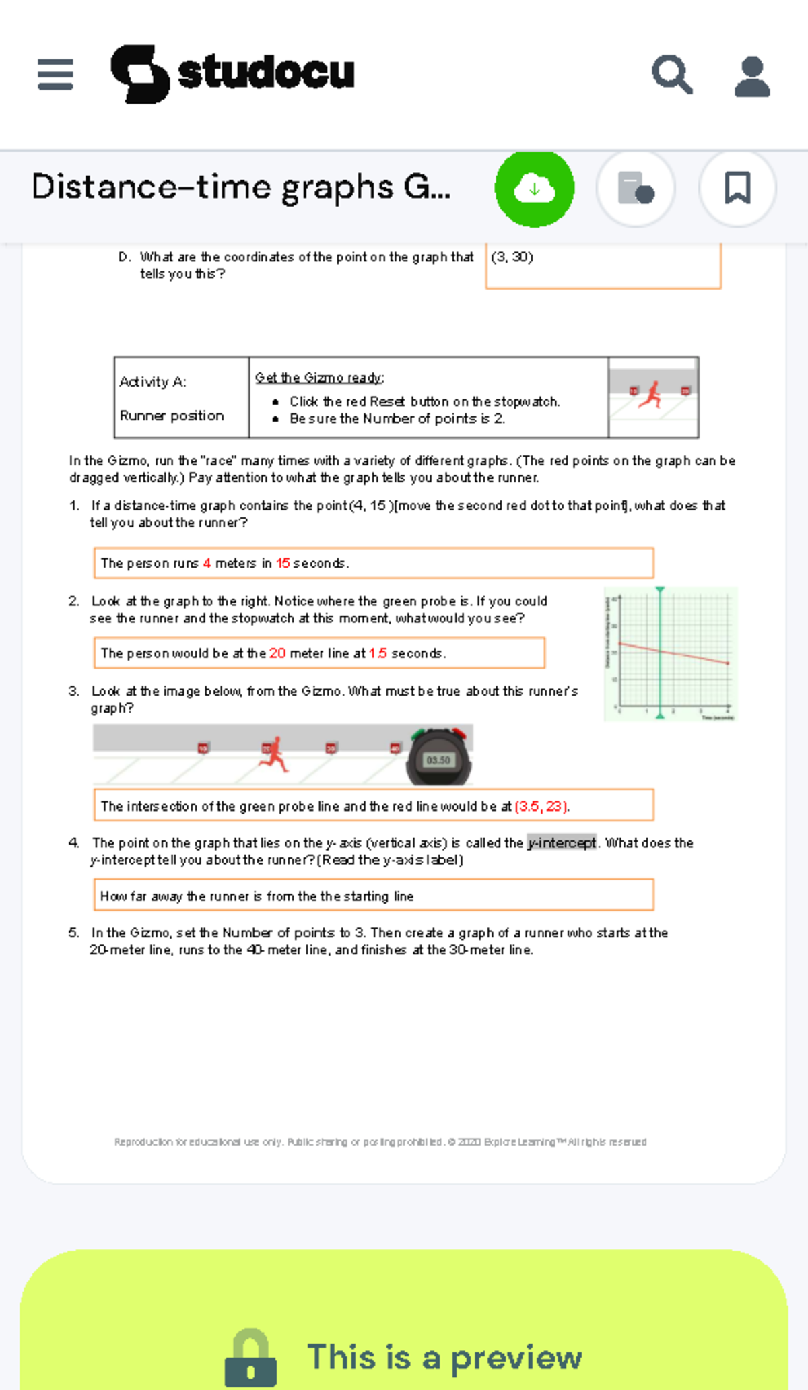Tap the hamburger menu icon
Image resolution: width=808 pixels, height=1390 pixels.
pos(55,74)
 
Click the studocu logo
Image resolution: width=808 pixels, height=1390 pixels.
pos(232,73)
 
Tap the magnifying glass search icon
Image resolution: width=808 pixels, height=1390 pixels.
pos(671,74)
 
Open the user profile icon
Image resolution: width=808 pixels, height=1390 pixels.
pos(751,76)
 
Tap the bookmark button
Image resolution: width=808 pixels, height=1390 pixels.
pos(737,188)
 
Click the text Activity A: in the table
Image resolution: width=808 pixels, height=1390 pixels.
pos(153,382)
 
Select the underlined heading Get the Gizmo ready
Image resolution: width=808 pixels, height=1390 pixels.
pos(319,378)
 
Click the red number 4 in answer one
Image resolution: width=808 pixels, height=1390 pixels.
pos(207,564)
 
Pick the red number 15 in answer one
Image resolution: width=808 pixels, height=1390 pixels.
pos(283,564)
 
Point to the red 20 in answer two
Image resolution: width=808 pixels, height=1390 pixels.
pos(277,653)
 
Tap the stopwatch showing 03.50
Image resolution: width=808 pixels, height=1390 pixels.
pos(439,758)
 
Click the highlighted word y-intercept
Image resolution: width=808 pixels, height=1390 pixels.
pos(562,843)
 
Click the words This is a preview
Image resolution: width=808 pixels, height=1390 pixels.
pos(444,1357)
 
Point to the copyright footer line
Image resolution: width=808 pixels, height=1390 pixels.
pos(380,1142)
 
